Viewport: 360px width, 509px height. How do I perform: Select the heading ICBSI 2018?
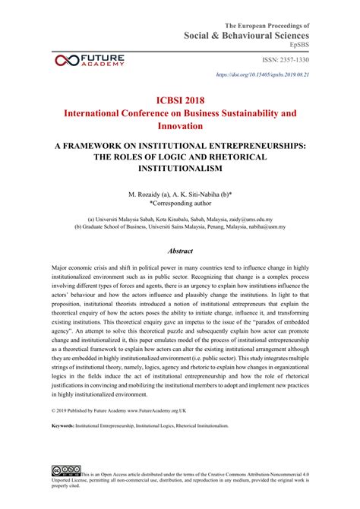pos(180,99)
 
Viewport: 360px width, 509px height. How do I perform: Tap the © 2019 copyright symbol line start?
pos(54,432)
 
